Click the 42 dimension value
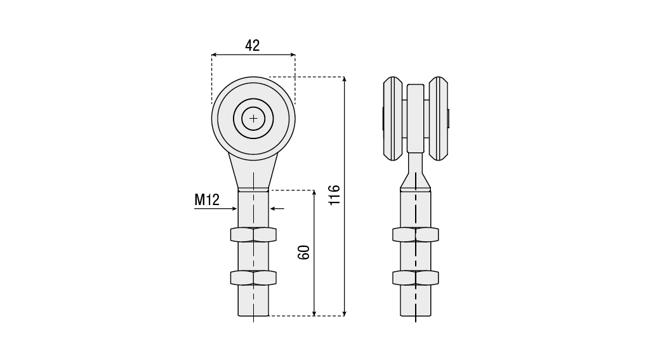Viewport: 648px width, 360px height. coord(252,45)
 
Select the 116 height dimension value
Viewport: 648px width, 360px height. coord(334,195)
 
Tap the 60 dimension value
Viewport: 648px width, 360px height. coord(304,252)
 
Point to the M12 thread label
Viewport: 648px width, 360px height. coord(207,199)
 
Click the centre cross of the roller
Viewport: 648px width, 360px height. coord(253,119)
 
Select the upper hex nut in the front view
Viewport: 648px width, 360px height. coord(253,235)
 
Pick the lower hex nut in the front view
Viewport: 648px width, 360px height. coord(253,277)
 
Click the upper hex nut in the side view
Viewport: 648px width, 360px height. coord(415,235)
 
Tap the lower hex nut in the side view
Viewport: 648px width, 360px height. coord(415,277)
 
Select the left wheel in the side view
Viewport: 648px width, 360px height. coord(393,119)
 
